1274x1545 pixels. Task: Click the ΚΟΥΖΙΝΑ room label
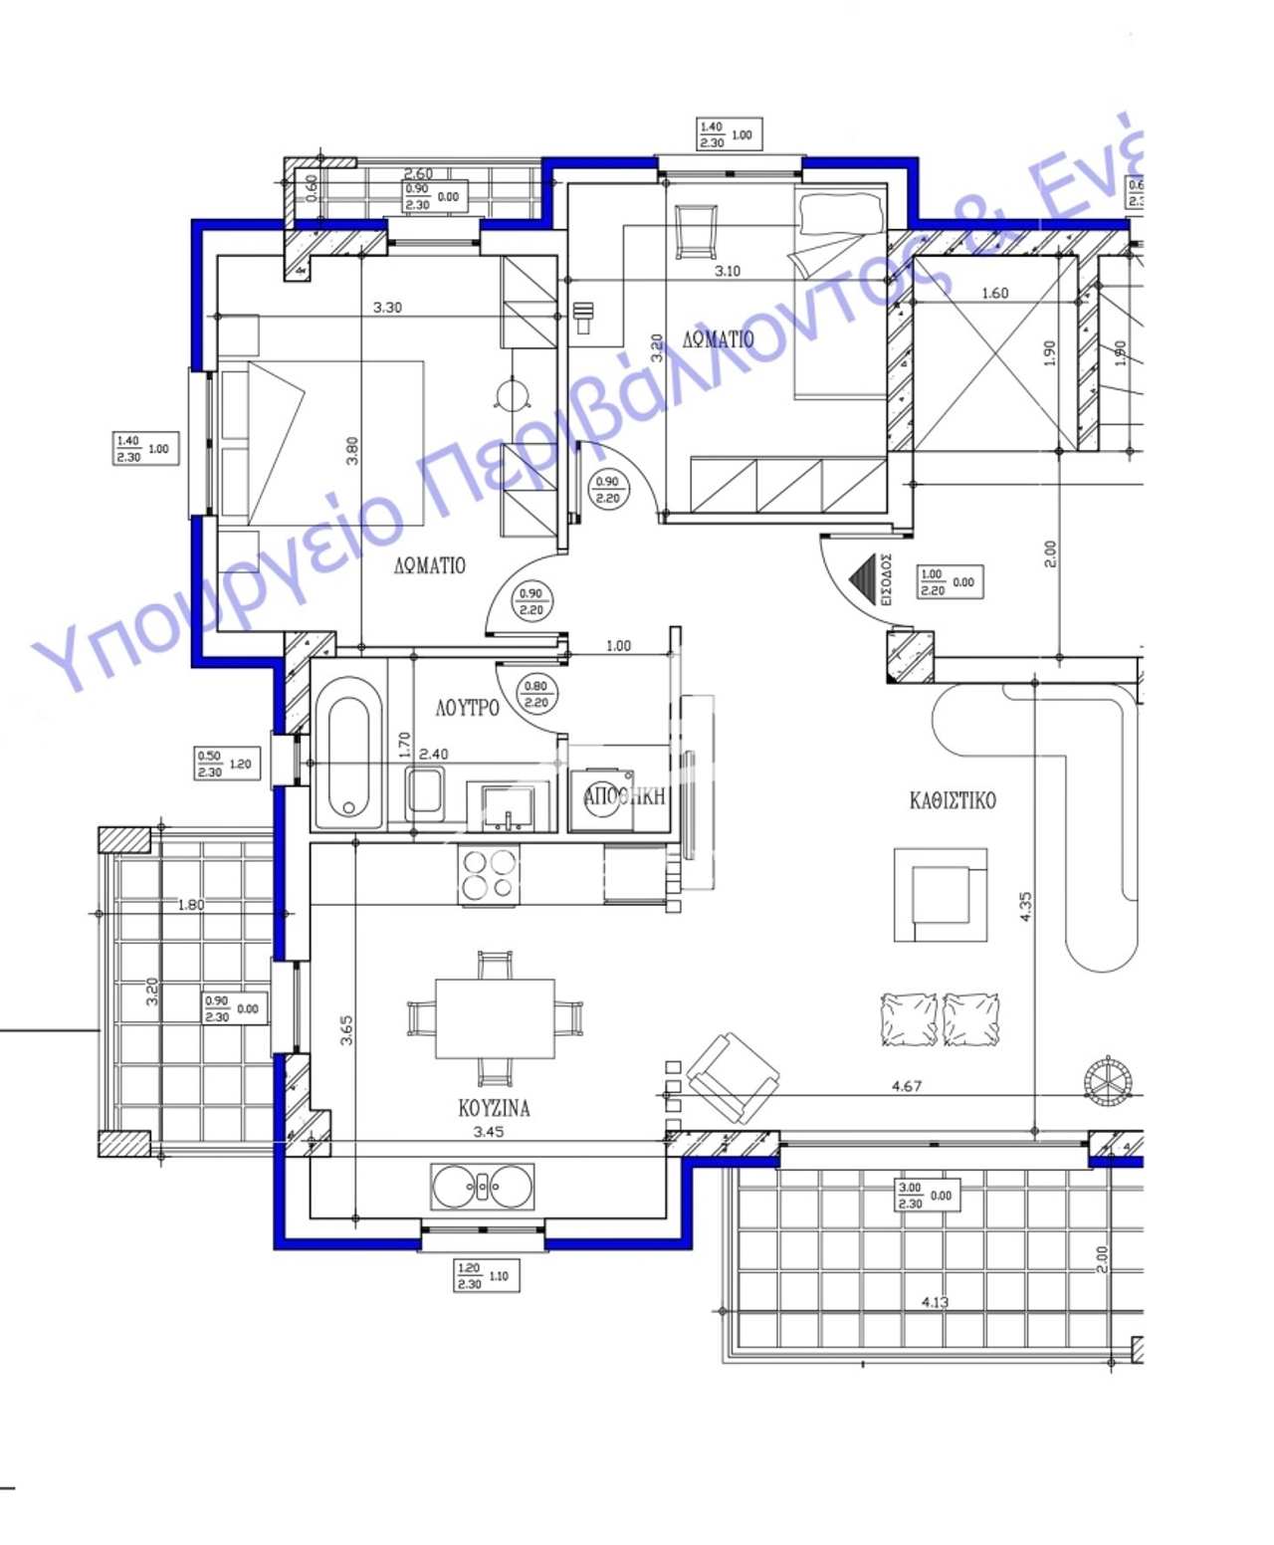494,1107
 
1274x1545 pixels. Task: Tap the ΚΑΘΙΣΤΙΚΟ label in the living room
952,800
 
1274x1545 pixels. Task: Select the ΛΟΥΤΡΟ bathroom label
467,708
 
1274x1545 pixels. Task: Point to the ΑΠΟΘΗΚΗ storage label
624,796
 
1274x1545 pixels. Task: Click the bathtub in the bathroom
348,754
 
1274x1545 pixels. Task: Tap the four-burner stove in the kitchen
489,875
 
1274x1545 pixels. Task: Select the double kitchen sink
483,1187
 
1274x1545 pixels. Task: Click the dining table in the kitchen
495,1018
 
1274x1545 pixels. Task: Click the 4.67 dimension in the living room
906,1086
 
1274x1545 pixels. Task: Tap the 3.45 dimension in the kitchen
488,1132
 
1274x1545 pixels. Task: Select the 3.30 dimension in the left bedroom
387,308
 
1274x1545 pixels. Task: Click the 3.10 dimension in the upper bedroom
728,271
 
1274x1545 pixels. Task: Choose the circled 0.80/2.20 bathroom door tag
535,694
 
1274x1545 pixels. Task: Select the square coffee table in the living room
941,895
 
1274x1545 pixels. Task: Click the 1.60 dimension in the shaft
994,293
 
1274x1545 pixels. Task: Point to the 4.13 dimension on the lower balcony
935,1301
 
